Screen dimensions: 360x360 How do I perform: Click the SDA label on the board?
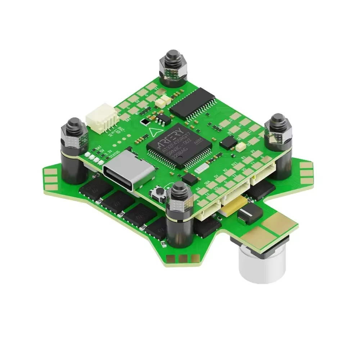point(207,183)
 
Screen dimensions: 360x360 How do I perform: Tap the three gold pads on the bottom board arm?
point(183,258)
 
